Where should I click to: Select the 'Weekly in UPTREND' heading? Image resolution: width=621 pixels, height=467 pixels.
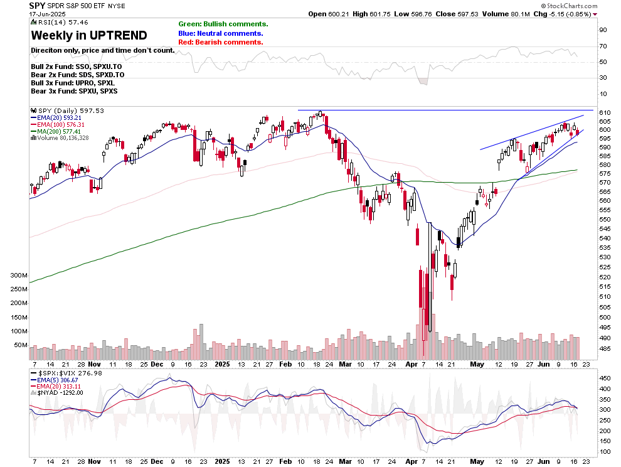coord(89,35)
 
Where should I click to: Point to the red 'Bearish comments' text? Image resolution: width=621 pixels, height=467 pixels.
coord(220,42)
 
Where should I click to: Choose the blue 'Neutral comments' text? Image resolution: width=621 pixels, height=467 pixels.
coord(221,33)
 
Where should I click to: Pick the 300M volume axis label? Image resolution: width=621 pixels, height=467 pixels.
coord(18,276)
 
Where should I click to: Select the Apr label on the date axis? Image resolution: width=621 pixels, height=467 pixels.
coord(411,363)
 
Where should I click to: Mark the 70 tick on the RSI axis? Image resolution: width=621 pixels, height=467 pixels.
coord(603,46)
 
